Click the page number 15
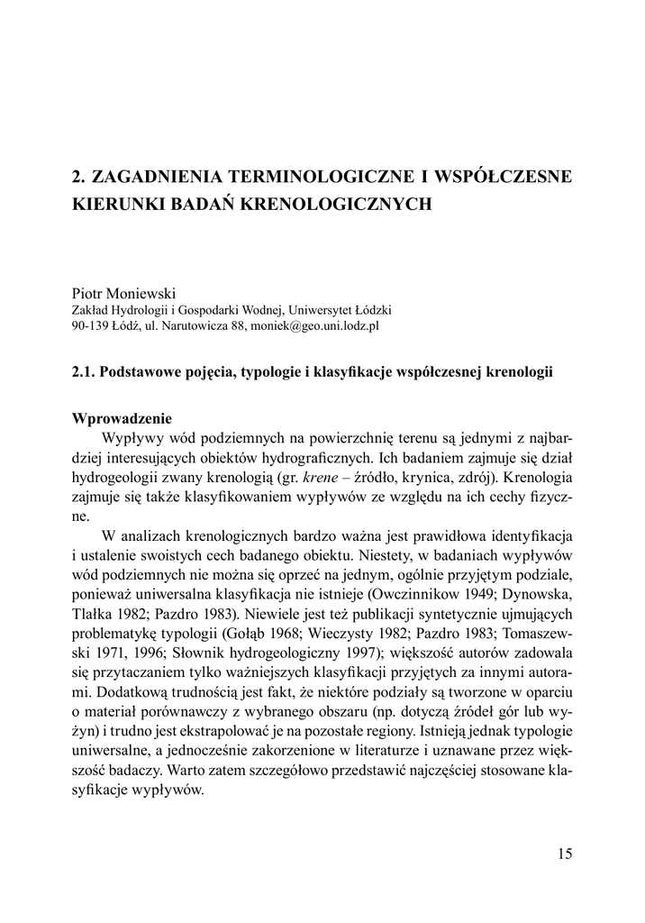coord(565,854)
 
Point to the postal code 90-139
coord(90,325)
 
